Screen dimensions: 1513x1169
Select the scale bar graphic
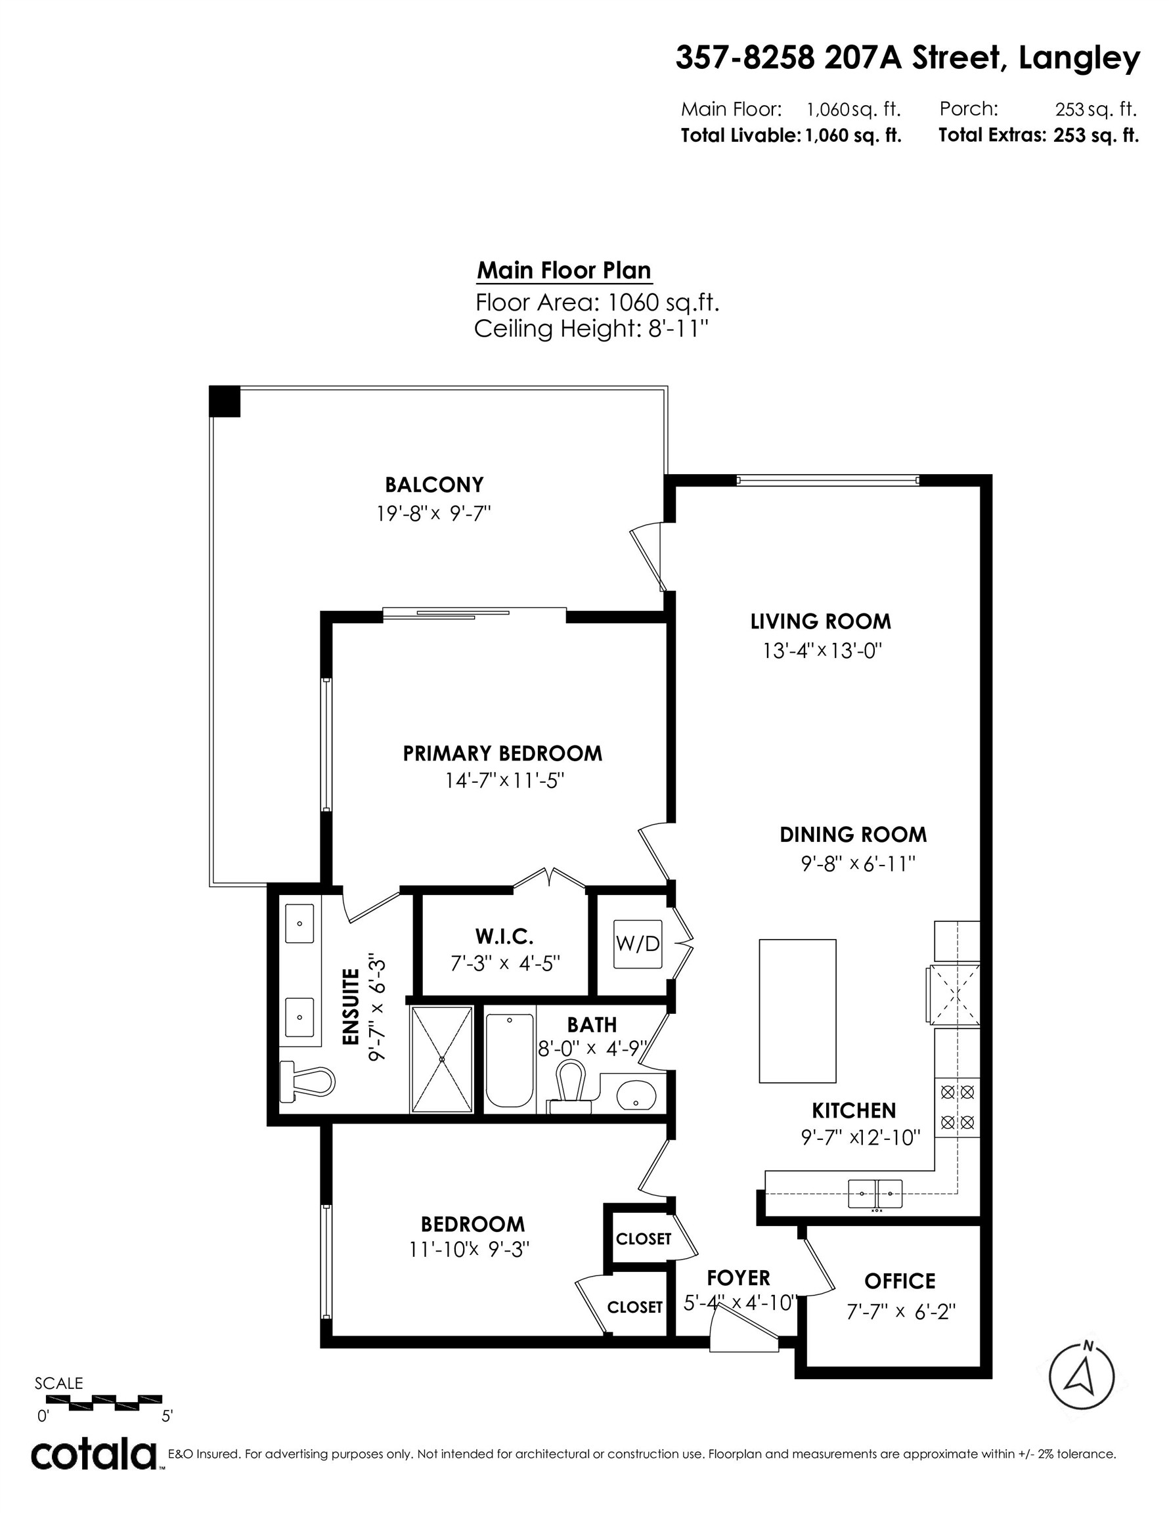99,1403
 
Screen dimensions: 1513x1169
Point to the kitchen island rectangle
797,1011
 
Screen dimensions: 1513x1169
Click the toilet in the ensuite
307,1082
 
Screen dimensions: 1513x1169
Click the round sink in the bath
636,1095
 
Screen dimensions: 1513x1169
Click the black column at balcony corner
225,402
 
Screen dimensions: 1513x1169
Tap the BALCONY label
434,484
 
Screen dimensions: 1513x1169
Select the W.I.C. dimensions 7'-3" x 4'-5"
505,963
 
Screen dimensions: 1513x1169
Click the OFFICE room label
900,1281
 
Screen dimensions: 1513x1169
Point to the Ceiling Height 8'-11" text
591,329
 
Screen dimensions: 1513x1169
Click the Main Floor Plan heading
564,270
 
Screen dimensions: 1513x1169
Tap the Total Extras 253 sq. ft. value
1095,135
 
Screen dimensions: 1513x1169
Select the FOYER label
738,1277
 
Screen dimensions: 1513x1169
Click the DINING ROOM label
853,835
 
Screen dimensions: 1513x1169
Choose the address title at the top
907,59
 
